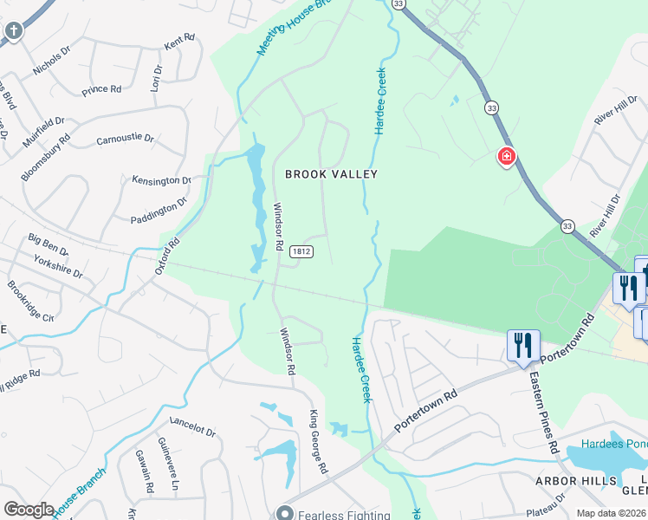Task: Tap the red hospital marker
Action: coord(505,157)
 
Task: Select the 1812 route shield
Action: coord(301,251)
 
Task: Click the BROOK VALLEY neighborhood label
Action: coord(332,174)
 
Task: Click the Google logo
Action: coord(29,509)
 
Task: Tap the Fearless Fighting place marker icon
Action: coord(284,514)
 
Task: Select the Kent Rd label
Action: coord(179,41)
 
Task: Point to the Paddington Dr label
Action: coord(159,210)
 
